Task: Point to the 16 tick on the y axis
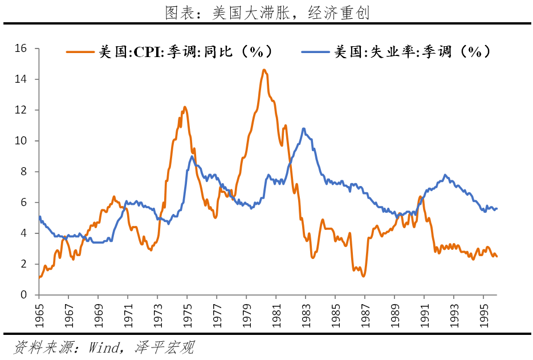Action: (21, 48)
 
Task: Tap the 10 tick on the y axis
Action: (21, 141)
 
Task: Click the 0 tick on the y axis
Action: (23, 295)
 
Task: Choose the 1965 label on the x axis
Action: (39, 313)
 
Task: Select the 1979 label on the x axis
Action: (246, 313)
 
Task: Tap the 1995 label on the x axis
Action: (483, 313)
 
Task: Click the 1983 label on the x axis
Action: (306, 313)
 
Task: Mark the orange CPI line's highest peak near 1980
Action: (264, 70)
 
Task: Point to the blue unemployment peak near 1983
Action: (304, 128)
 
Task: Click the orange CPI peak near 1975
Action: (185, 107)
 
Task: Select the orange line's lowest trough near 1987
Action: (363, 276)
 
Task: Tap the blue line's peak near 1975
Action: (192, 156)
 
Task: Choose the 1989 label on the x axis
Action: (394, 313)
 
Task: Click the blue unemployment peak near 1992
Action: (445, 175)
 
